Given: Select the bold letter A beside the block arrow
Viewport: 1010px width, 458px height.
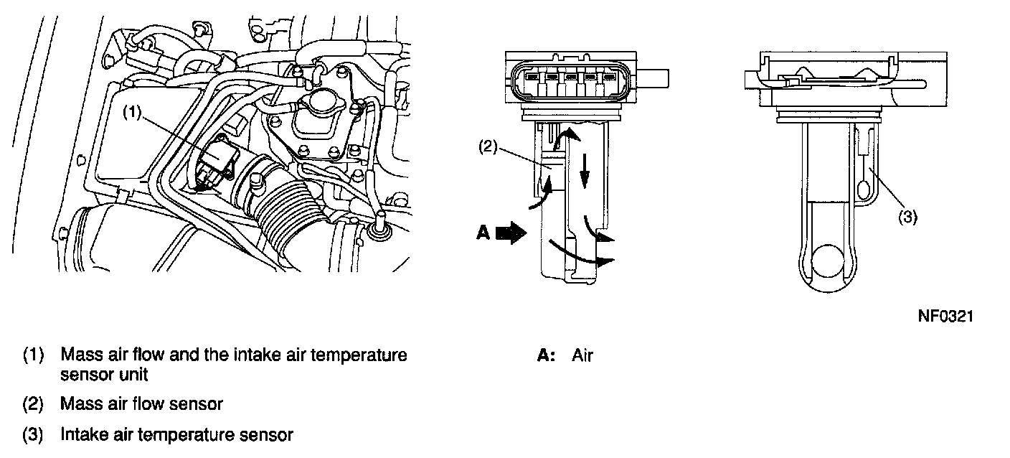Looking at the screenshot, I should click(x=483, y=233).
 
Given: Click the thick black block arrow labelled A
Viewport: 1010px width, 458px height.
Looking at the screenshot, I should click(x=511, y=233).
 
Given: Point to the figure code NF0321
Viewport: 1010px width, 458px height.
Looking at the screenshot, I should click(x=945, y=317).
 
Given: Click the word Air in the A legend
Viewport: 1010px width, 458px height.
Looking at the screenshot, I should click(x=582, y=355).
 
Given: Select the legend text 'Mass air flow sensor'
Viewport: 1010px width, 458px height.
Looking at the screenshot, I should click(x=141, y=404).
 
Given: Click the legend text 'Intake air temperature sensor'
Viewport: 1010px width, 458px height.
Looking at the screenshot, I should click(x=176, y=434).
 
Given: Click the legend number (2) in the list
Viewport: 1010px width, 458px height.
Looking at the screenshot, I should click(x=33, y=404).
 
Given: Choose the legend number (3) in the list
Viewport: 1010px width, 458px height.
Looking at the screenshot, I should click(x=33, y=434).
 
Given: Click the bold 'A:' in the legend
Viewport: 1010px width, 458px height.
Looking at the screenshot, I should click(x=547, y=355).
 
